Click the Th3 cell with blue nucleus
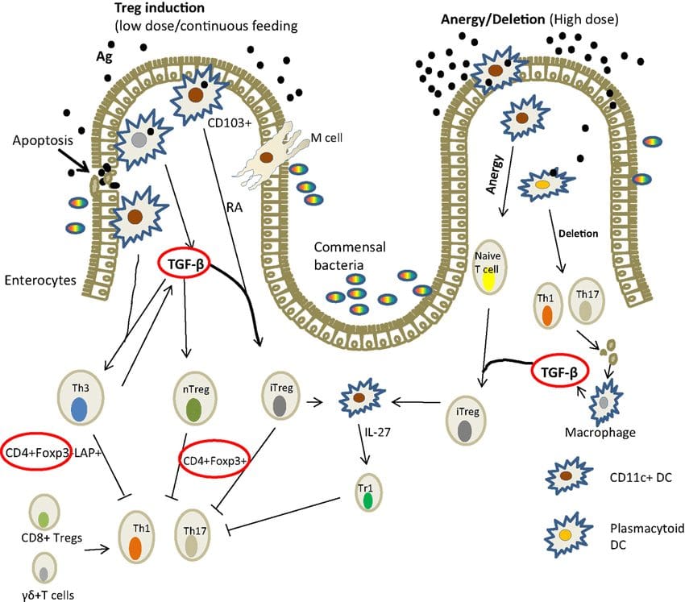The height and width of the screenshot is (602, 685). coord(81,397)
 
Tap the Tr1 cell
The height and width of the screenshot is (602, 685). coord(367,492)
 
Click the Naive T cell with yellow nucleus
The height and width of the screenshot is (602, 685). coord(488,267)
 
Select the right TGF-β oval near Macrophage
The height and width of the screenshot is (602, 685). coord(559,371)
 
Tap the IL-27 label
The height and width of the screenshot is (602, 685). coord(377,432)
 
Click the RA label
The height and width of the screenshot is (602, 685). coord(235,207)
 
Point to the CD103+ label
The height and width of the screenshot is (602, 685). coord(230,122)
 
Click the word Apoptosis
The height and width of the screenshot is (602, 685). coord(43,141)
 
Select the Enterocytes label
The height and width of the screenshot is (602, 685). coord(40,280)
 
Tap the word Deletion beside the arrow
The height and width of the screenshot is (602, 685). coord(578,234)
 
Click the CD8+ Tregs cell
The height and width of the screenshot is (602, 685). coord(44,512)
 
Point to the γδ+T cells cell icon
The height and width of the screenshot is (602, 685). coord(44,568)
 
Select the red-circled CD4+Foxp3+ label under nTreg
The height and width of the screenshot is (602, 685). coord(214,459)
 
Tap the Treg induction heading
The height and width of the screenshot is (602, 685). coord(159,8)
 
